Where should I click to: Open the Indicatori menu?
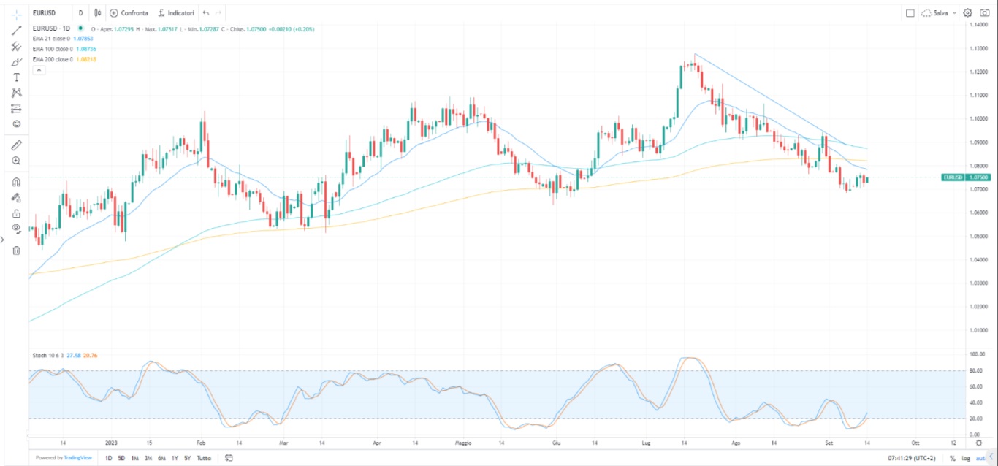(x=176, y=13)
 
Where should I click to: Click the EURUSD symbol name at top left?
(x=45, y=13)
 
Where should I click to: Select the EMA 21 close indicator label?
(x=51, y=38)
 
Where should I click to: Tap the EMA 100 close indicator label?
(x=53, y=49)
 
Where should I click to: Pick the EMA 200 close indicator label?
(x=53, y=59)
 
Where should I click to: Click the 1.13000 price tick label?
(x=978, y=48)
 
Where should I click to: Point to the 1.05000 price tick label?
(x=978, y=236)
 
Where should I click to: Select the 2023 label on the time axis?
(x=111, y=443)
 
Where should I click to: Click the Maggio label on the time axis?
(x=464, y=443)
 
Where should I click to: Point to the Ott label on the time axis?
(x=915, y=443)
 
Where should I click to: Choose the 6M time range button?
(x=161, y=458)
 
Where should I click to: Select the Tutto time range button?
(x=204, y=458)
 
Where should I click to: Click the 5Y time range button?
(x=188, y=458)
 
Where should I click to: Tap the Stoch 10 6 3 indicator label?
(x=47, y=356)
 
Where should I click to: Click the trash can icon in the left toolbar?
(x=16, y=251)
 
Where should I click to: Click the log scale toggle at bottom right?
(x=966, y=458)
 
